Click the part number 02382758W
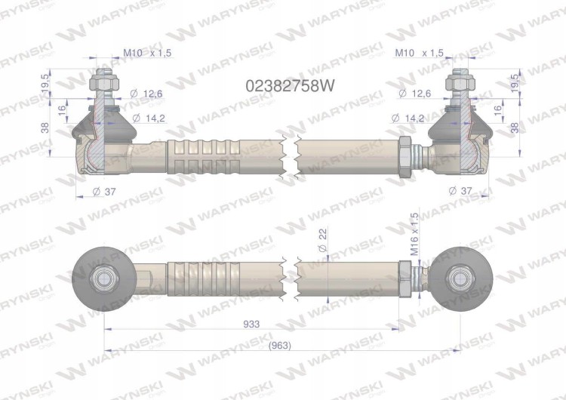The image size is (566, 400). point(290,86)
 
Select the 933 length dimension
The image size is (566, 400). point(251,324)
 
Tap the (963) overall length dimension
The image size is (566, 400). point(280,346)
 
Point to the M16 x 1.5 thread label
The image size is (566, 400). point(414,234)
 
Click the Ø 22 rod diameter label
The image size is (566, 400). point(323,240)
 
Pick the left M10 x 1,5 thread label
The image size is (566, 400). point(147,53)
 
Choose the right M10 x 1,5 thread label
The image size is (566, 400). point(419,53)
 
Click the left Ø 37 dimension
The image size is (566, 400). point(104,192)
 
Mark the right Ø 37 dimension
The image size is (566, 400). point(460,190)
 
